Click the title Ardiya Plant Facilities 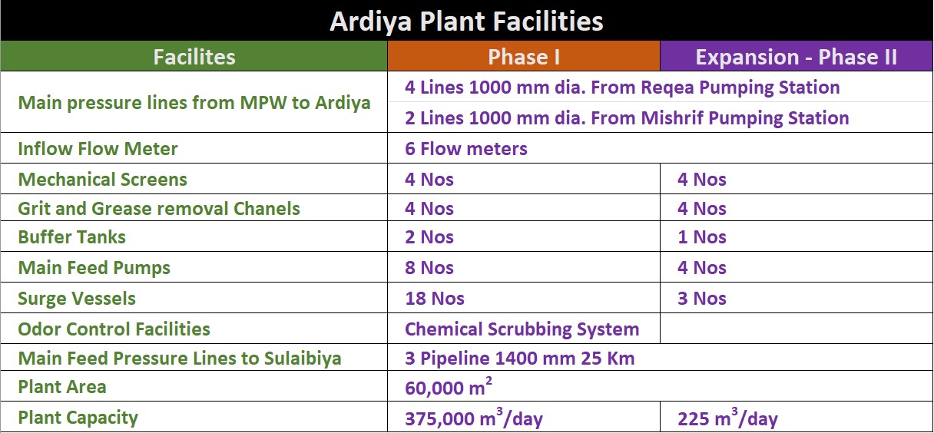(x=466, y=21)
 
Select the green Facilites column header (x=194, y=57)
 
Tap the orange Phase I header (x=524, y=57)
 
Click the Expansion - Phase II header (x=796, y=57)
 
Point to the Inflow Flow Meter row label (x=98, y=148)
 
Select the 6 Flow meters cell (x=465, y=148)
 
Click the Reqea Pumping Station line (x=622, y=88)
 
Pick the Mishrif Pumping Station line (x=627, y=118)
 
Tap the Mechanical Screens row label (x=103, y=179)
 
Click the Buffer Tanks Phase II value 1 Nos (x=702, y=236)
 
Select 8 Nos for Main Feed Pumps (x=429, y=267)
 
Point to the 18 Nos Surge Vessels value (x=435, y=299)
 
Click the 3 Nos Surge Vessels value (x=702, y=299)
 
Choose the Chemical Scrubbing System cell (x=522, y=329)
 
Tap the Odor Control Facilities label (x=114, y=329)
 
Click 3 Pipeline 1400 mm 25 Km (x=519, y=358)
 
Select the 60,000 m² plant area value (x=449, y=386)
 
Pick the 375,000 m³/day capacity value (x=474, y=418)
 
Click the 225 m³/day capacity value (x=727, y=418)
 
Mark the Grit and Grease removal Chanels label (x=159, y=208)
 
